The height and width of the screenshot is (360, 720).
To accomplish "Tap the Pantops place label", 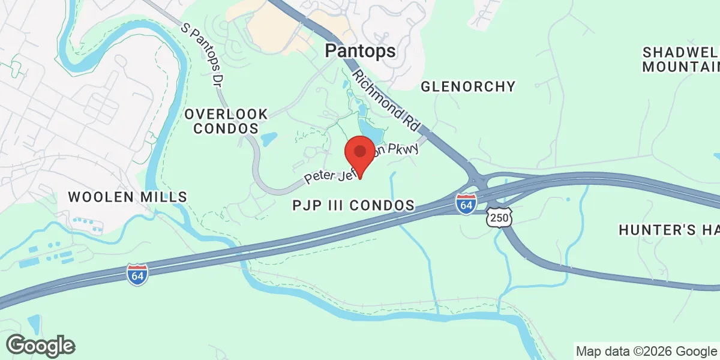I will pyautogui.click(x=360, y=52).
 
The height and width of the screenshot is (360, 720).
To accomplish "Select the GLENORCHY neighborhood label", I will pyautogui.click(x=468, y=86).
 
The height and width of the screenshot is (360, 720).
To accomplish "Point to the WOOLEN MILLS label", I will pyautogui.click(x=127, y=196).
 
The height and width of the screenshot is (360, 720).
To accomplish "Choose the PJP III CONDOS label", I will pyautogui.click(x=353, y=206).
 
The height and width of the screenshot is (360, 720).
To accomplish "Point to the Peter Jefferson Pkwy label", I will pyautogui.click(x=360, y=163).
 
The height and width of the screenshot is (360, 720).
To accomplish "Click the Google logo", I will pyautogui.click(x=40, y=346).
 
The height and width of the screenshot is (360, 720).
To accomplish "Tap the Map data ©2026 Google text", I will pyautogui.click(x=645, y=351).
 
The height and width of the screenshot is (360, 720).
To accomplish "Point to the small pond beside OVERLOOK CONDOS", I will pyautogui.click(x=269, y=139).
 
